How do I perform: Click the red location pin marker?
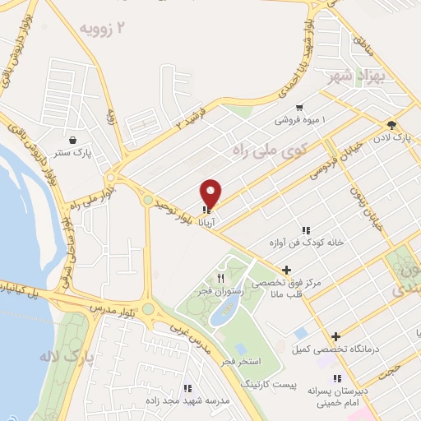211,193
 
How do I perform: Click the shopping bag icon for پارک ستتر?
75,140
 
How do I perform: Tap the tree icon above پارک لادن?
391,124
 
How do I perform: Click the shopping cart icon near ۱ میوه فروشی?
299,107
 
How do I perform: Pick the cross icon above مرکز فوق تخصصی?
286,269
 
